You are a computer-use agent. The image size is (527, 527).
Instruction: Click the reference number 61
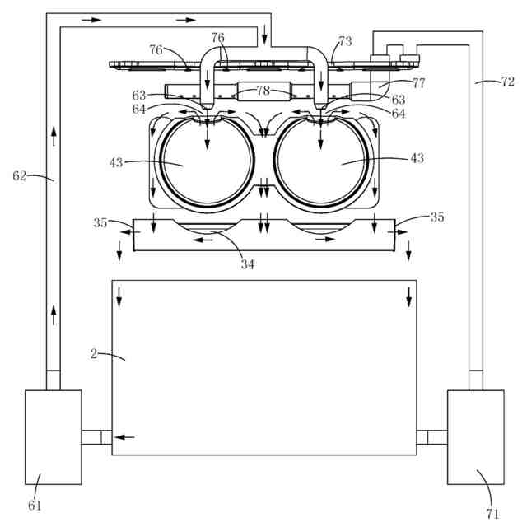(35, 505)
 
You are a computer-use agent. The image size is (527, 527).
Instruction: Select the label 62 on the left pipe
(21, 175)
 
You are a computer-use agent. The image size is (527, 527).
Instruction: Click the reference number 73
(344, 40)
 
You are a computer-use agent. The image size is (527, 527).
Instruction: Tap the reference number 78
(262, 91)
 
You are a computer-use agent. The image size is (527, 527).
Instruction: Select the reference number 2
(94, 353)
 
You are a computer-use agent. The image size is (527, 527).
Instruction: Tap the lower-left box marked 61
(54, 436)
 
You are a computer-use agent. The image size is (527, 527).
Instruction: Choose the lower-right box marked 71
(475, 436)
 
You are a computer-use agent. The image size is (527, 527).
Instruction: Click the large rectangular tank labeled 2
(263, 366)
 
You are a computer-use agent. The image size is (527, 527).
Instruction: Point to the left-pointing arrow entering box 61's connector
(124, 437)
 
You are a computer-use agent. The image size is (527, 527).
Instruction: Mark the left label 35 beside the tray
(101, 222)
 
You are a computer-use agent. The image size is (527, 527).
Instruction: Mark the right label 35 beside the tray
(437, 217)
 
